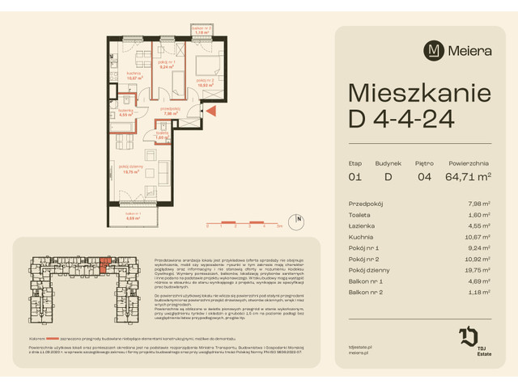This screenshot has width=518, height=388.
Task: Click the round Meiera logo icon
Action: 435,51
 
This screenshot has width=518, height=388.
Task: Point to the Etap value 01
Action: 355,175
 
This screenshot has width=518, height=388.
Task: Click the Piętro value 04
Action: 424,175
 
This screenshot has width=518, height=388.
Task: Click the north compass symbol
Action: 299,218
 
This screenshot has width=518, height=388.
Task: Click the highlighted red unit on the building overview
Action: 104,261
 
